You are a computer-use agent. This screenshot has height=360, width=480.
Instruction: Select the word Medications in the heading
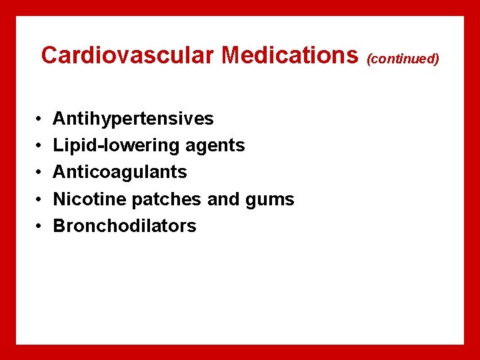[x=290, y=55]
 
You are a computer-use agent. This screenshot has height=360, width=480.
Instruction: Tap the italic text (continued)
[x=403, y=59]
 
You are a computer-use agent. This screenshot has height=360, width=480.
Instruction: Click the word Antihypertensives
[x=133, y=119]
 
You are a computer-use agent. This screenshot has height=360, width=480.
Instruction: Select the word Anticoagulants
[x=120, y=172]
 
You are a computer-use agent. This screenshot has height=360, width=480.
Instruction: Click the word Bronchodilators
[x=125, y=226]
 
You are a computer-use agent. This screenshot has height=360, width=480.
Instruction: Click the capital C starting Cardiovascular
[x=50, y=55]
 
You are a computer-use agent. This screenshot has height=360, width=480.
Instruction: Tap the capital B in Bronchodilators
[x=59, y=226]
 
